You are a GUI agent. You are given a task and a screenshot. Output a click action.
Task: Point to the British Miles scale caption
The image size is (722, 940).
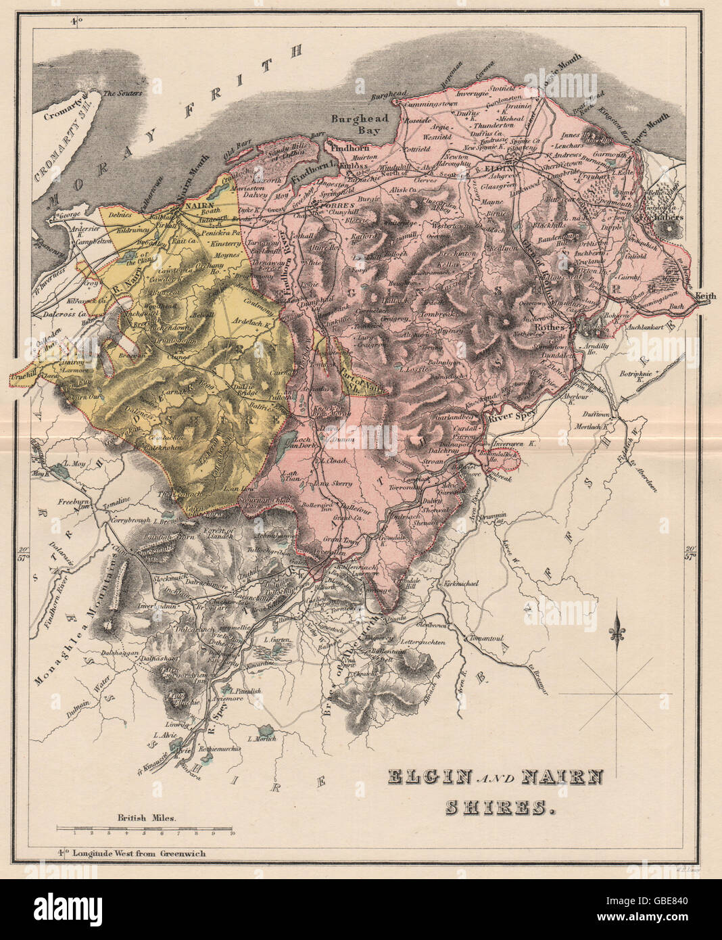(x=147, y=817)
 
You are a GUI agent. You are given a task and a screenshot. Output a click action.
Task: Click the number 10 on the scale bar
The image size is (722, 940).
(x=232, y=834)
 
